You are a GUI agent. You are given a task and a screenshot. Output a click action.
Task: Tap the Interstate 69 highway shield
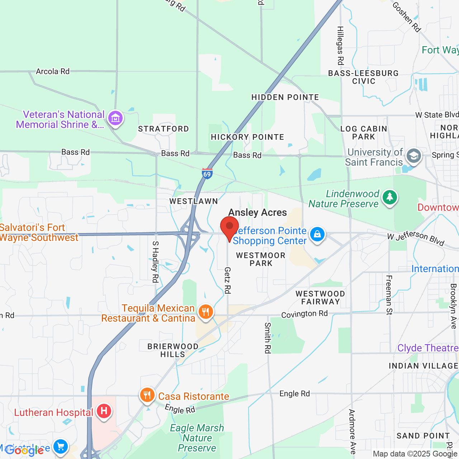pos(207,174)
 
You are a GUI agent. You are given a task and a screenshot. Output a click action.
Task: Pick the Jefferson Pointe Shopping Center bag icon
pos(317,234)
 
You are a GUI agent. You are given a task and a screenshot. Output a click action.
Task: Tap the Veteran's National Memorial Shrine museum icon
pos(115,118)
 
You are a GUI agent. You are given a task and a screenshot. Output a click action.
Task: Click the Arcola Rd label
pos(53,71)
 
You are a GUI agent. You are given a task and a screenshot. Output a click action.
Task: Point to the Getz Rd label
pos(227,280)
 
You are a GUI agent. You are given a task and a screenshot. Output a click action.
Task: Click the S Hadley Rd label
pos(155,262)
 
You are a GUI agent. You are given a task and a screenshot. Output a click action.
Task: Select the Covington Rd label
pos(304,314)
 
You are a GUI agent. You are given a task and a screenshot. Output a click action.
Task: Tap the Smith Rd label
pos(268,338)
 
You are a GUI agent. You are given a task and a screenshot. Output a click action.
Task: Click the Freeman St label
pos(389,295)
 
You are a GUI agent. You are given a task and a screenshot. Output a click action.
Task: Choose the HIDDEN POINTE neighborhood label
pos(285,98)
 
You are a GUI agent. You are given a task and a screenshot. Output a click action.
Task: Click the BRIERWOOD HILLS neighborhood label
pos(173,350)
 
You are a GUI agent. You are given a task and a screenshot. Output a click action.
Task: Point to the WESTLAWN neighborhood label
pos(194,201)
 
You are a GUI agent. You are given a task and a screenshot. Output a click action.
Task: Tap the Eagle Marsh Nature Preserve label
pos(197,438)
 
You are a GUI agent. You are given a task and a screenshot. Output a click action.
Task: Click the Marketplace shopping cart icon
pos(61,446)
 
